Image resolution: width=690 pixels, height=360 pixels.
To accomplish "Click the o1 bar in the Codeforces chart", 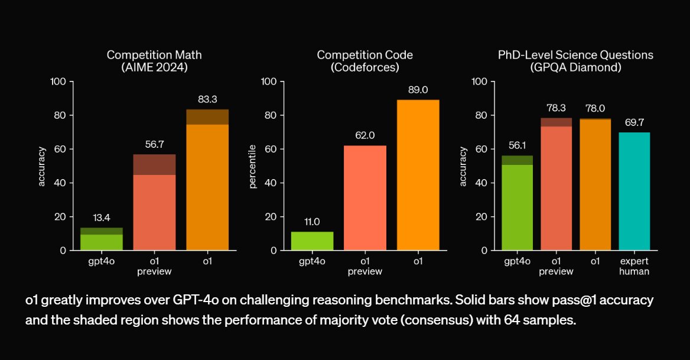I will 418,175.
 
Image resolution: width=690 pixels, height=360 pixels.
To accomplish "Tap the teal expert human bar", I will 634,191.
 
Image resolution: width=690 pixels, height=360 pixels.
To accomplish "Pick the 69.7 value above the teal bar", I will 634,123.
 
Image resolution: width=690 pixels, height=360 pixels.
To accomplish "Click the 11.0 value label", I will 312,222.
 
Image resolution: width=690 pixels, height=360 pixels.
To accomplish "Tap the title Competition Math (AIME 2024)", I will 154,61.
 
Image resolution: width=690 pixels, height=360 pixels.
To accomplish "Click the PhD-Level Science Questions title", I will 576,55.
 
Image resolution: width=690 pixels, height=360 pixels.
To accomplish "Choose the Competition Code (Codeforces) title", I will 365,61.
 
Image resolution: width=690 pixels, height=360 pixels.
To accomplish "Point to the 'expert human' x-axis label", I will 634,267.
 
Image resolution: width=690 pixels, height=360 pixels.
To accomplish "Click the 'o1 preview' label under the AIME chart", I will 154,267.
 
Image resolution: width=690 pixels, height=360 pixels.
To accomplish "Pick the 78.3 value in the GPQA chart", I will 555,108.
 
